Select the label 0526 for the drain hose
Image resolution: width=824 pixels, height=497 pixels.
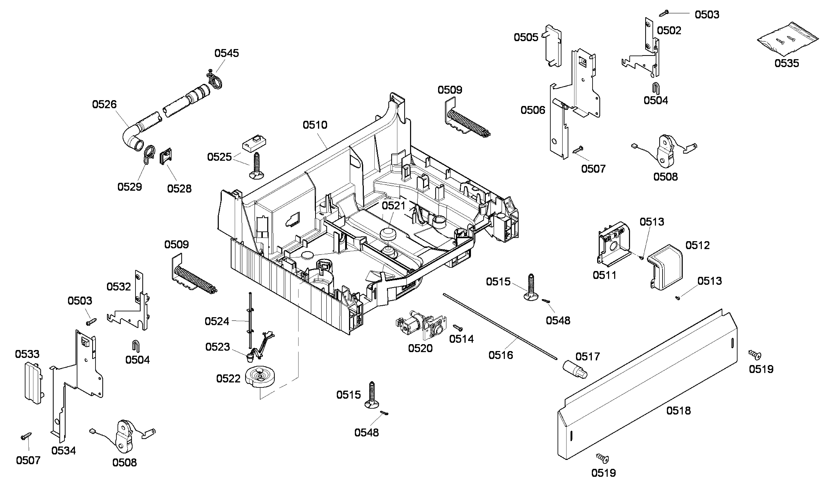pyautogui.click(x=104, y=104)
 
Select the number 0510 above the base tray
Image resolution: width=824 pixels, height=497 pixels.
pyautogui.click(x=315, y=125)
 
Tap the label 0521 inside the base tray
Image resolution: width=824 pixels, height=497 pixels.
pyautogui.click(x=393, y=205)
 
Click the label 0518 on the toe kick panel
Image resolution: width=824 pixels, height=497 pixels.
pyautogui.click(x=678, y=410)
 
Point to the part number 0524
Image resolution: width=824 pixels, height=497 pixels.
pyautogui.click(x=217, y=321)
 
